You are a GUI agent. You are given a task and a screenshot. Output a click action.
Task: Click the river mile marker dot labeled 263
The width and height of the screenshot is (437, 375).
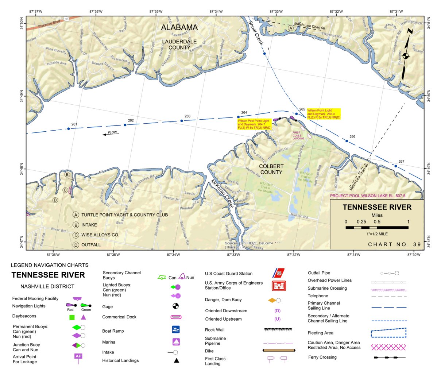182,121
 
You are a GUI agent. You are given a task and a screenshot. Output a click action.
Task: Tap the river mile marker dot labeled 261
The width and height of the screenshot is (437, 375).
68,129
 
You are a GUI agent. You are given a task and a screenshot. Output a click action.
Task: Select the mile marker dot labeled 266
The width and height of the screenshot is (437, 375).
347,141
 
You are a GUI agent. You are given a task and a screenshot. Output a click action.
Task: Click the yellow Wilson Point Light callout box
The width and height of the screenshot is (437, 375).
324,114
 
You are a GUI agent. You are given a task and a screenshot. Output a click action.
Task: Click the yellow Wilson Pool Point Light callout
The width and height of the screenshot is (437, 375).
254,124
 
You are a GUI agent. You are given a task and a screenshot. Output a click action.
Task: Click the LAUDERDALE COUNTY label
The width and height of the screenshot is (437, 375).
179,45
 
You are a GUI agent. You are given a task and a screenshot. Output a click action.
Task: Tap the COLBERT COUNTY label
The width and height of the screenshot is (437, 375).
271,169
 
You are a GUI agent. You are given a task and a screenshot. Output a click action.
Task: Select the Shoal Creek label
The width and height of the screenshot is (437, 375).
256,32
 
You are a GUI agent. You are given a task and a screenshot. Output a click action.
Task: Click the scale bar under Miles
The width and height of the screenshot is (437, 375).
377,228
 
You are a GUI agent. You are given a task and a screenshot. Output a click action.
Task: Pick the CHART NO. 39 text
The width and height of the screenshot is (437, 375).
394,244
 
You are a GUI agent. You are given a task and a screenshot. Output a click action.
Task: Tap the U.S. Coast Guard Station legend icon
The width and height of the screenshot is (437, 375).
278,273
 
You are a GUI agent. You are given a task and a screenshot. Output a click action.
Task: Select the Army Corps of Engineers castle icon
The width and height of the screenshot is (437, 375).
279,286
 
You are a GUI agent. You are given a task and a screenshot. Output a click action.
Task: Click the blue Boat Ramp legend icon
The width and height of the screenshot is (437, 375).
176,329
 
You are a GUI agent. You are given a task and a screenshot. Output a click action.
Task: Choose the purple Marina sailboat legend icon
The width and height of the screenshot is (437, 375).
176,342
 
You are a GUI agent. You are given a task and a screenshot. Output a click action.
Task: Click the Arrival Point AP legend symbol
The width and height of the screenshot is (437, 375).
78,357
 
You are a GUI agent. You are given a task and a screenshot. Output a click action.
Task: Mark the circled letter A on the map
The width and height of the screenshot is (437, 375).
290,28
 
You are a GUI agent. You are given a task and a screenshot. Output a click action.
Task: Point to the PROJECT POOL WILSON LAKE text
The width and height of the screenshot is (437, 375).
367,196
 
